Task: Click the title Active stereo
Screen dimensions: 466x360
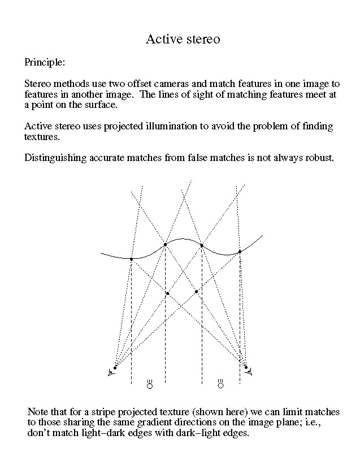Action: [x=182, y=39]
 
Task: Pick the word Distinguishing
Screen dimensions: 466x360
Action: [x=55, y=157]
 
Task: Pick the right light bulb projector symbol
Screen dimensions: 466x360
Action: [x=220, y=385]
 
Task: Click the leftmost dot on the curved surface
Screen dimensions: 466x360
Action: [x=131, y=259]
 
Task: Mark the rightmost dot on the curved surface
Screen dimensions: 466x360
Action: [x=240, y=251]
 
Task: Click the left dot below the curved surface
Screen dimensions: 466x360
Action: [x=167, y=294]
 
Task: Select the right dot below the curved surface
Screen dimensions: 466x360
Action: [x=196, y=291]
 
